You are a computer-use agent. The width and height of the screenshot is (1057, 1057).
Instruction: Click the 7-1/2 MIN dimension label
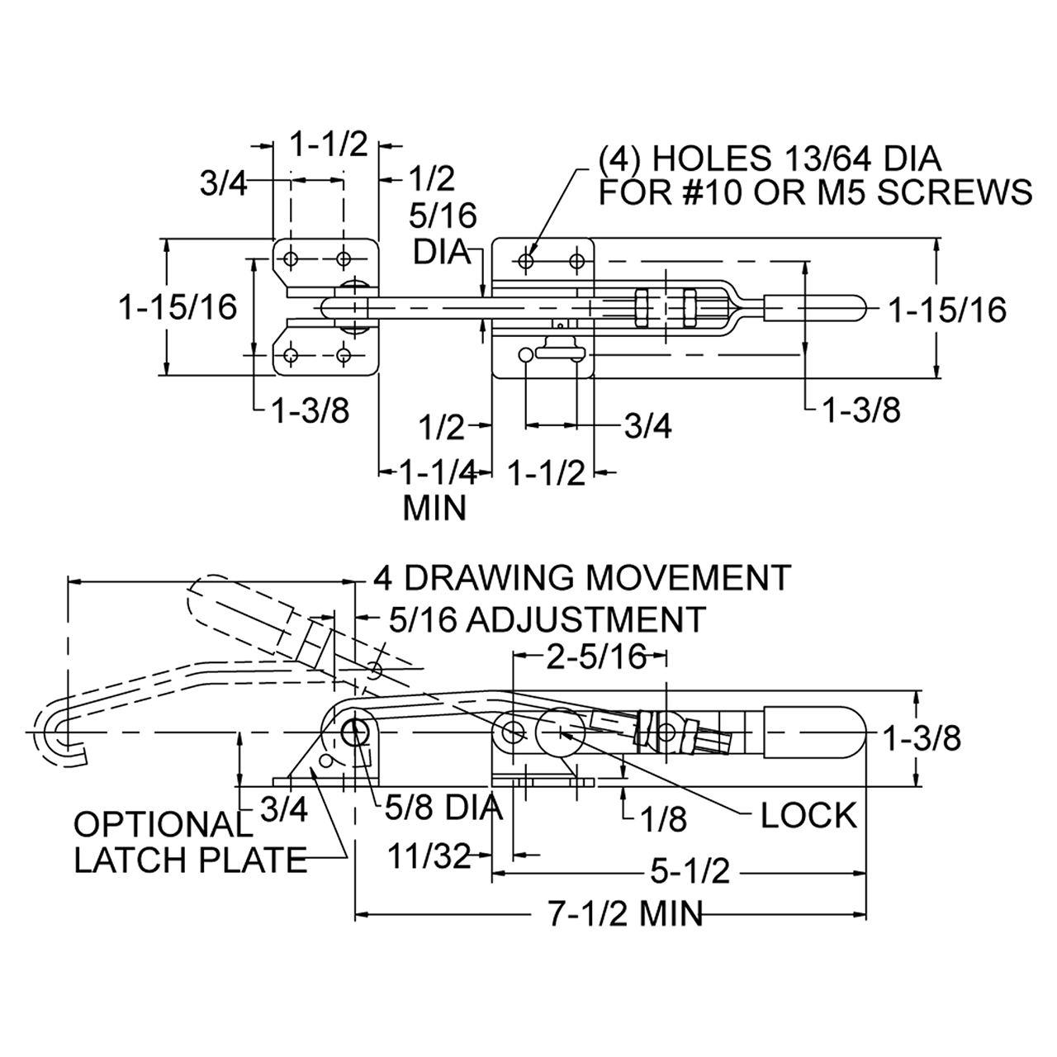coord(626,914)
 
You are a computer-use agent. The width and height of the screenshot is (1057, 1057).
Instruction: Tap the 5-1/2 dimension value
coord(690,871)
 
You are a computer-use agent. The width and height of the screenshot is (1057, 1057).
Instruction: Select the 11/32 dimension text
coord(429,856)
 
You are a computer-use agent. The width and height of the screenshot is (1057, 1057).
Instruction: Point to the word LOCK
coord(808,816)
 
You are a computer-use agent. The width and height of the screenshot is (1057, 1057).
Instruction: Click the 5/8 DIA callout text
coord(443,807)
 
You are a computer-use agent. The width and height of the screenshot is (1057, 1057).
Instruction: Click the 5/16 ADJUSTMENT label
coord(547,619)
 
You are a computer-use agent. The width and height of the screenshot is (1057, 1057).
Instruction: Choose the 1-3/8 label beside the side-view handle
coord(922,739)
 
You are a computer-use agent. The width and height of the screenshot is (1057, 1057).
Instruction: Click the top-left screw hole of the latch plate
coord(292,258)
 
